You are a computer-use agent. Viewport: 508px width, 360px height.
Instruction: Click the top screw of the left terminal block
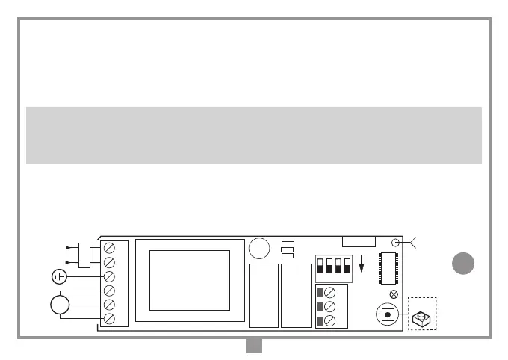coord(109,247)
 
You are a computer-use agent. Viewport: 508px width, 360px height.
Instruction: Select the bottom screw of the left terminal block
coord(109,319)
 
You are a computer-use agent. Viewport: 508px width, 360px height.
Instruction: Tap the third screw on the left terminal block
coord(109,276)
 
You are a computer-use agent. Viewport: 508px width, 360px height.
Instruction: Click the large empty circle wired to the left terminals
coord(61,305)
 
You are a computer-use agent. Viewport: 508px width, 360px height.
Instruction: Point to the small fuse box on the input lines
coord(84,254)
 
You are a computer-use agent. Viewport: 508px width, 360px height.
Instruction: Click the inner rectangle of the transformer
coord(189,279)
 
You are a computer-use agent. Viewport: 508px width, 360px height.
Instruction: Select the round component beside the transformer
coord(259,248)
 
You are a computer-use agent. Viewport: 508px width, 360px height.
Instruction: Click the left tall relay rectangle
coord(264,295)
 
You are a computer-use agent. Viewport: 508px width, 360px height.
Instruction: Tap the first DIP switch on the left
coord(320,265)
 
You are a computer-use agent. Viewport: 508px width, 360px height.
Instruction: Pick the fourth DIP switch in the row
coord(347,265)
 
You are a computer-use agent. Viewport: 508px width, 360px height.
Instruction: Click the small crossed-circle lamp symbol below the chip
coord(394,294)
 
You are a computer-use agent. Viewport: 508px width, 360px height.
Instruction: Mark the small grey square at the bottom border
coord(253,344)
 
